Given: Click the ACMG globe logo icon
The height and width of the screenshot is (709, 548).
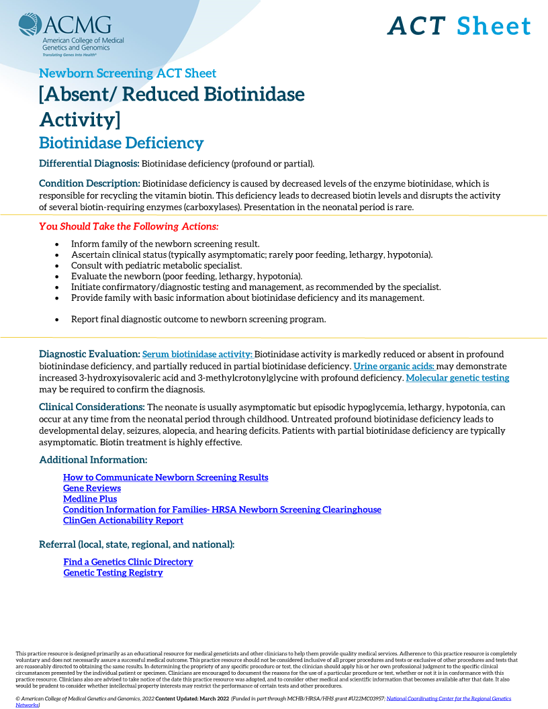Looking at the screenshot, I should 30,25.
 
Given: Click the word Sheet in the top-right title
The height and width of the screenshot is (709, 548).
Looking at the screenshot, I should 494,26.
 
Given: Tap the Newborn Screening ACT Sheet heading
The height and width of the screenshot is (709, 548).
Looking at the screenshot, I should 128,73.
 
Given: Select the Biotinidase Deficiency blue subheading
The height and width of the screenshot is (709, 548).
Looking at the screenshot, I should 121,143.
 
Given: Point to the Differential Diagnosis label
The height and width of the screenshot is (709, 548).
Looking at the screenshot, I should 89,164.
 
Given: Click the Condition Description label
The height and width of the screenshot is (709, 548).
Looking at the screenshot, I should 89,183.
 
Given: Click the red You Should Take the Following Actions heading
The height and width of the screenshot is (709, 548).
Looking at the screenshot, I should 128,226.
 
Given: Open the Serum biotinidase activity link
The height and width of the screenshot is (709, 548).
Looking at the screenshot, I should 197,354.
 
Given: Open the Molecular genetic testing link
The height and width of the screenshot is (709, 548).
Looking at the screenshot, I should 457,378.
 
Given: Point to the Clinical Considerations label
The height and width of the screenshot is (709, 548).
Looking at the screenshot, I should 92,407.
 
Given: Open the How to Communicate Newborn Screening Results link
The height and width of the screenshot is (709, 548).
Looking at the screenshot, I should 165,477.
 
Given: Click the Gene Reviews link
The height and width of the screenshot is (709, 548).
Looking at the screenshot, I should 92,488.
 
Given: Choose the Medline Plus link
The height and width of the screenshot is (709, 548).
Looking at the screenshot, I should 90,499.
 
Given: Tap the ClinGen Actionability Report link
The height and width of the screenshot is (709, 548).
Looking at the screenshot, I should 123,520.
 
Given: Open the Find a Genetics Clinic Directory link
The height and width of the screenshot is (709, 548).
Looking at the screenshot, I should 128,562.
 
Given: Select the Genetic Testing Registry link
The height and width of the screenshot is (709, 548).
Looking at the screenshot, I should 113,573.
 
